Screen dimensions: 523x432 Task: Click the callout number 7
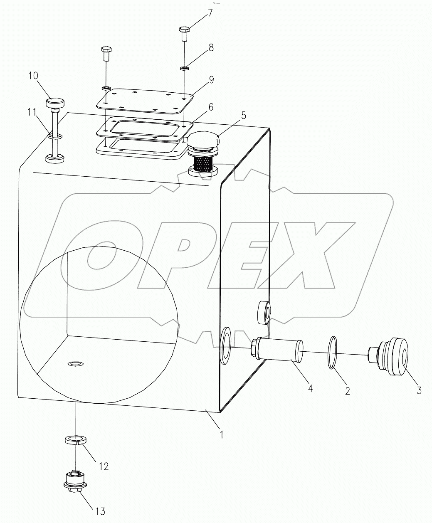[210, 12]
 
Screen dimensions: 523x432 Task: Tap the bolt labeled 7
[184, 33]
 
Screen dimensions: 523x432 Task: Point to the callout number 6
[211, 107]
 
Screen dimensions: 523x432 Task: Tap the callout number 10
[33, 76]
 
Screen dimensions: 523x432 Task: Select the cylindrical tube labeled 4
[278, 350]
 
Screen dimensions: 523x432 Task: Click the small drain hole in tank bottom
[75, 365]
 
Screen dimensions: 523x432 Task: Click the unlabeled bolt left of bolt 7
[106, 54]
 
